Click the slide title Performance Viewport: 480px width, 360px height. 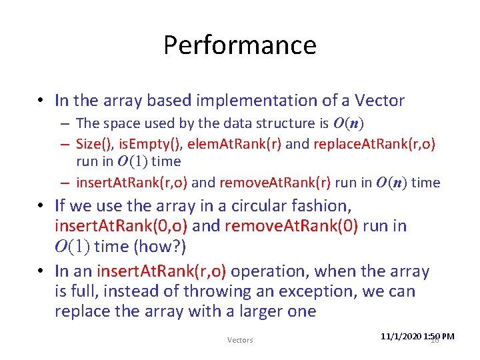(x=239, y=45)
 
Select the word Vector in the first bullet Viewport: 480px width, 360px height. (x=379, y=101)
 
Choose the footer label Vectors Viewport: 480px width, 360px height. (x=240, y=340)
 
